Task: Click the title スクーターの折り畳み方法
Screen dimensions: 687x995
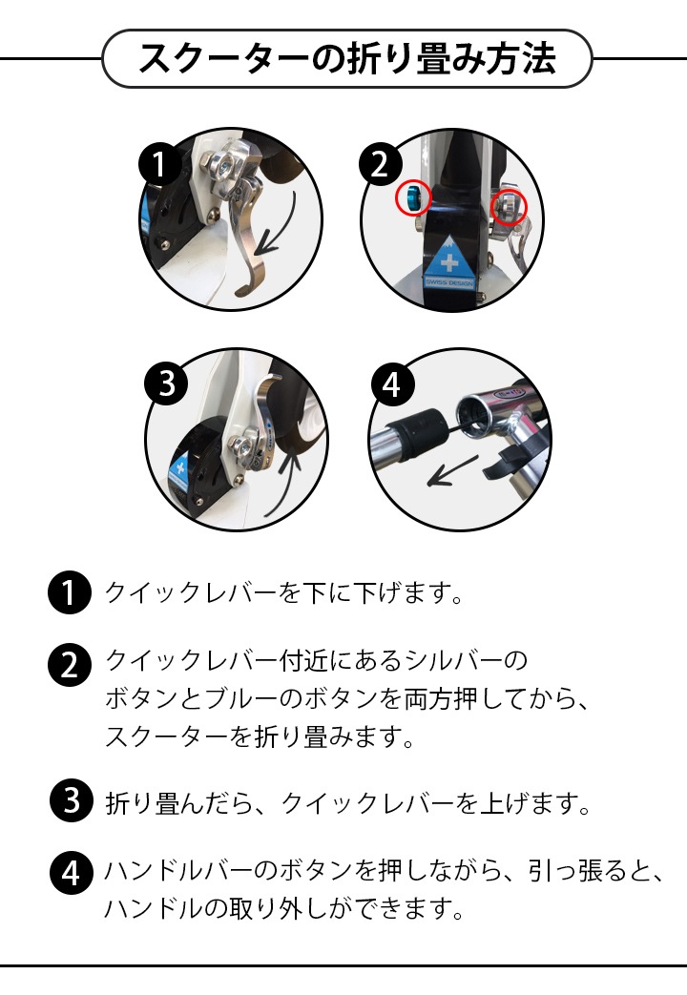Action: (346, 58)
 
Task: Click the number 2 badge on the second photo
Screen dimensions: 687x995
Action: (381, 164)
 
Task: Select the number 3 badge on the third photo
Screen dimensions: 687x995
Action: (166, 383)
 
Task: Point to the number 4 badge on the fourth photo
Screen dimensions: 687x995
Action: (392, 383)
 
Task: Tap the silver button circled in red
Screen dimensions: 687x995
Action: (509, 204)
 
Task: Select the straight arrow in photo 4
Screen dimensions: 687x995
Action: (452, 471)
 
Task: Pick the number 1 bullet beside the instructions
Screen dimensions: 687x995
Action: (70, 592)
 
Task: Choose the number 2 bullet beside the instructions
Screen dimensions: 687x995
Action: (70, 664)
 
